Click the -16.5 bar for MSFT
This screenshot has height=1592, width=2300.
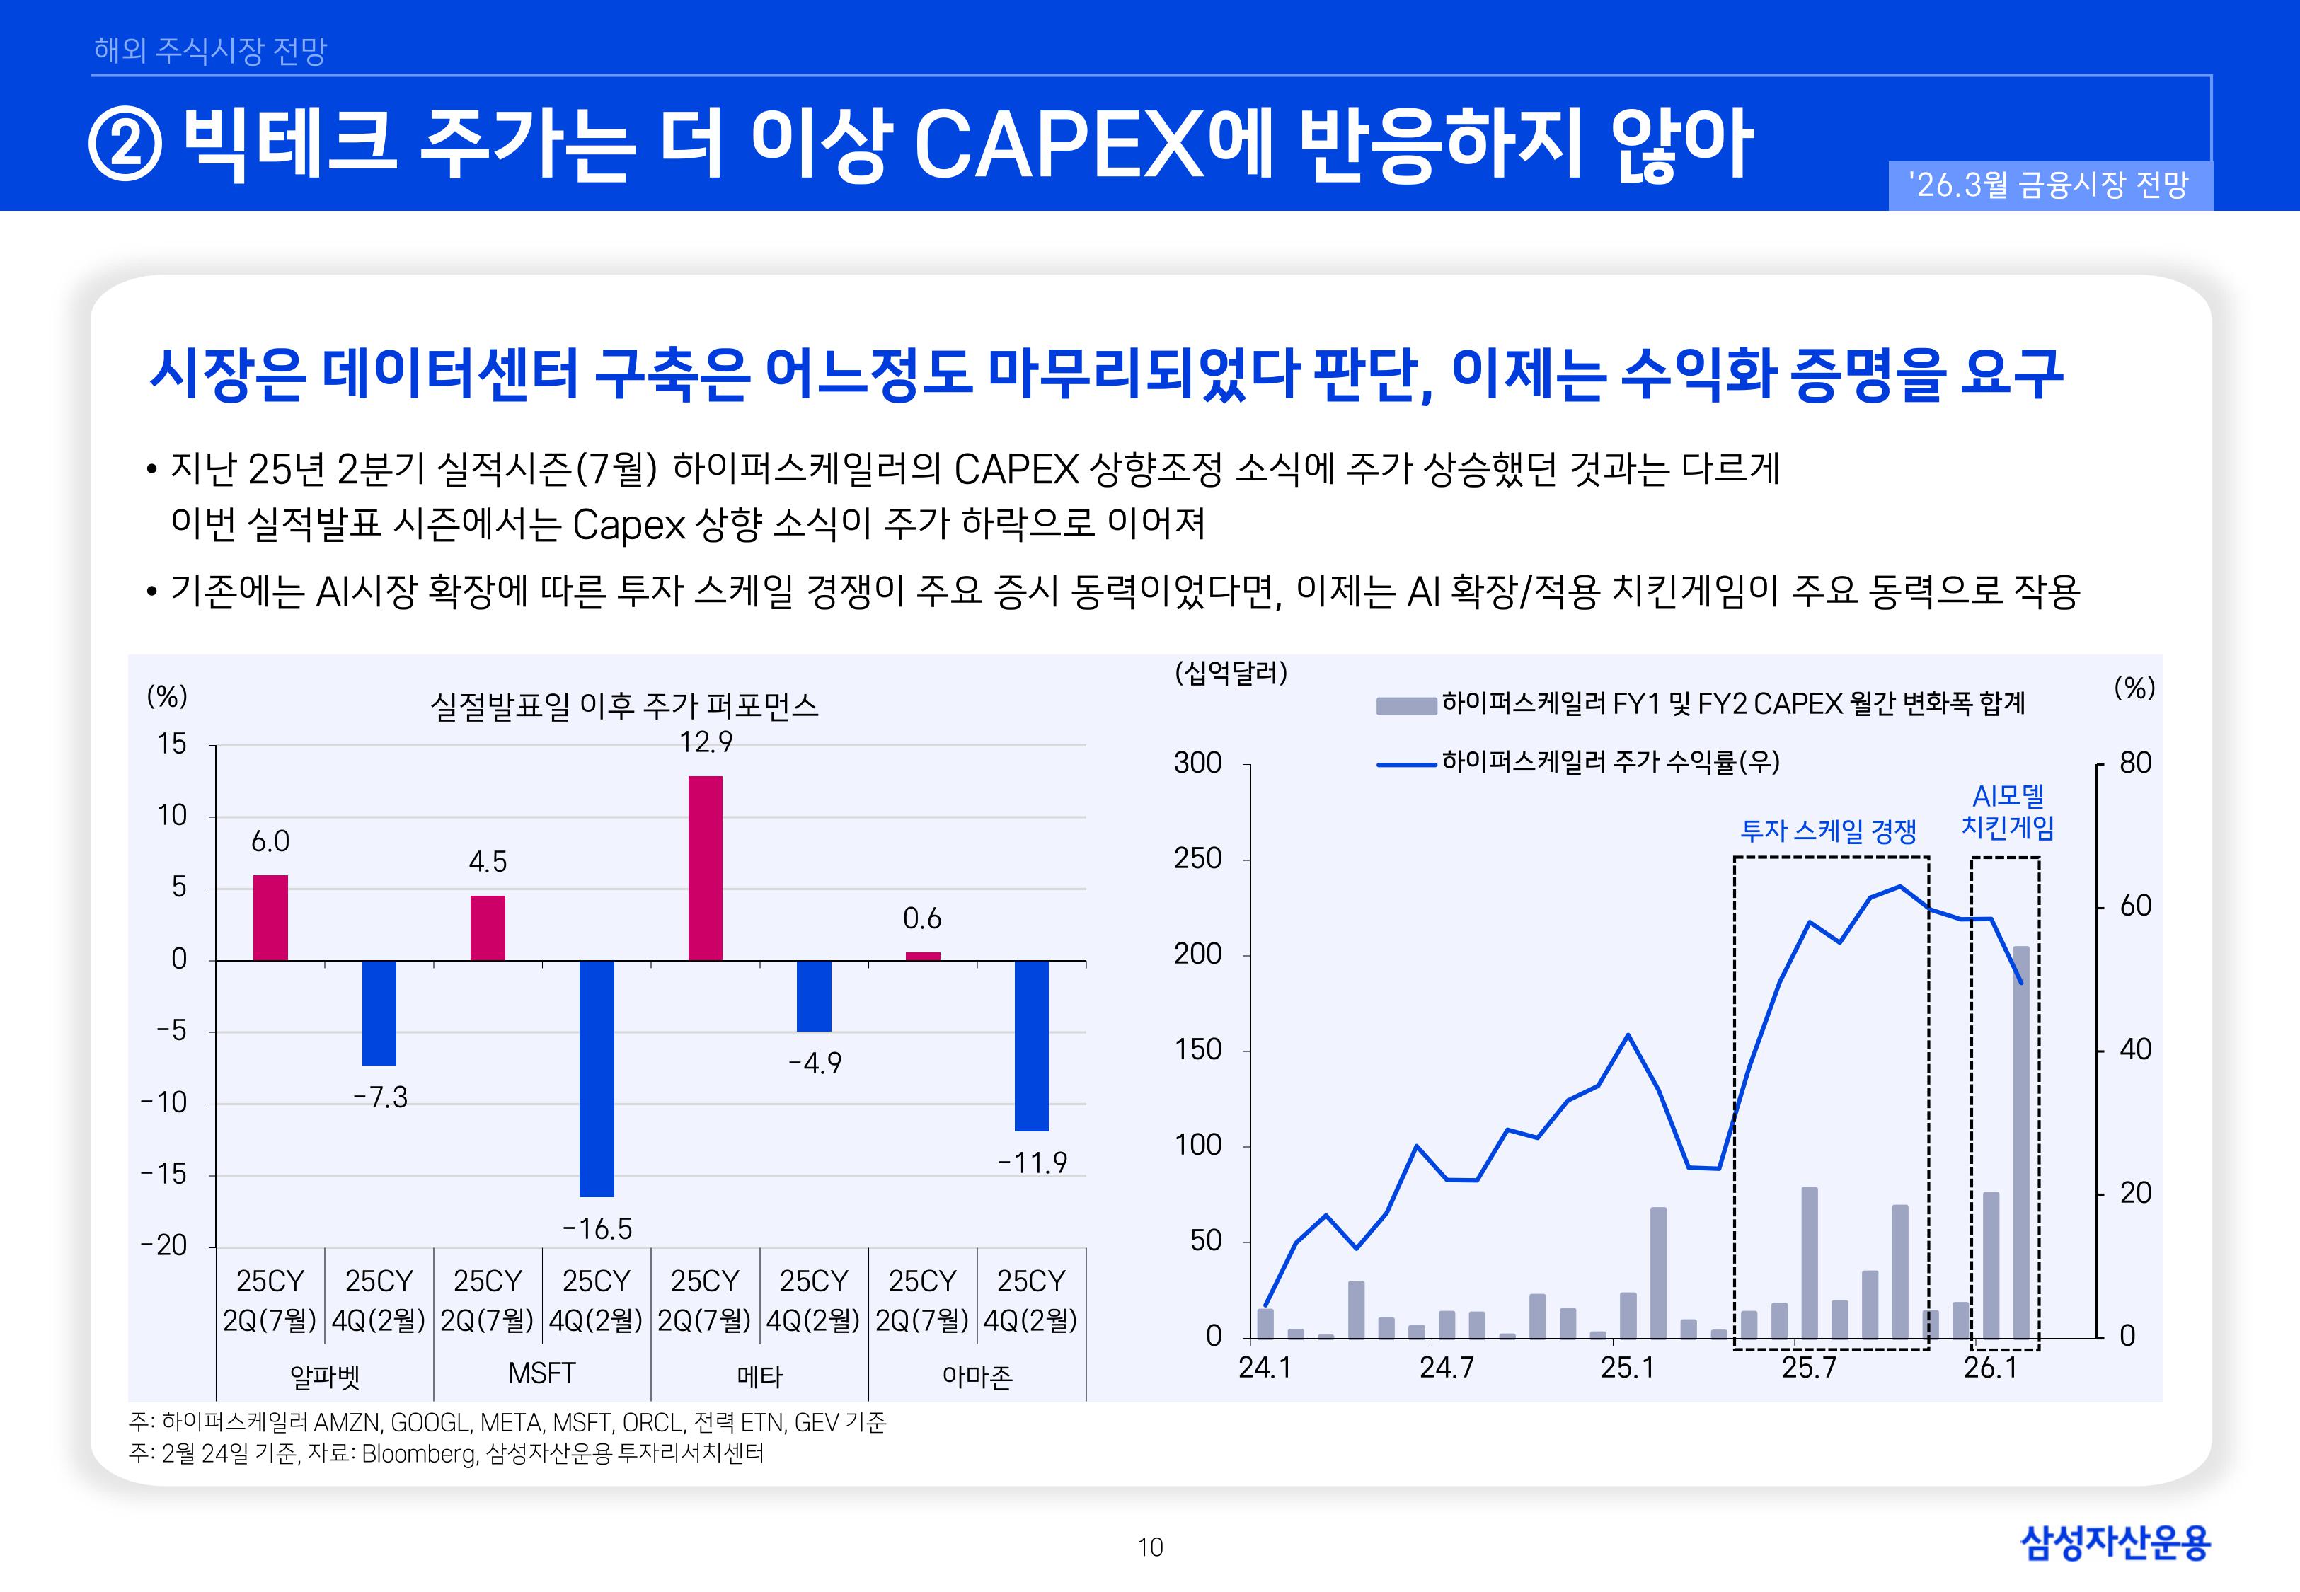[597, 1078]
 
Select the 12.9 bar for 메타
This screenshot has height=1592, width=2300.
[705, 868]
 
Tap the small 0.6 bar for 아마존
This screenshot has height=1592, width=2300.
[923, 956]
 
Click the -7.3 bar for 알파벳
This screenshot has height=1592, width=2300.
[379, 1013]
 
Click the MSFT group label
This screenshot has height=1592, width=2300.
[541, 1373]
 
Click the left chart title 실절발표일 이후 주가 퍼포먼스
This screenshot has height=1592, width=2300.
[623, 706]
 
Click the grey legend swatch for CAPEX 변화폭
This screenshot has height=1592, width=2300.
[1405, 705]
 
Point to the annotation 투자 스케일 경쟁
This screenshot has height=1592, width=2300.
[1828, 831]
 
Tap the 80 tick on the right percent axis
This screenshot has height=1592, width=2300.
[2135, 763]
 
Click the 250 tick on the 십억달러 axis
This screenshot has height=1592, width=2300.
[1198, 859]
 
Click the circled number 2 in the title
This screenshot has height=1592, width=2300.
[126, 146]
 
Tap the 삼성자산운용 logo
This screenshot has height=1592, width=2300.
[2115, 1543]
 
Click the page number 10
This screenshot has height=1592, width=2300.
[1150, 1547]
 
